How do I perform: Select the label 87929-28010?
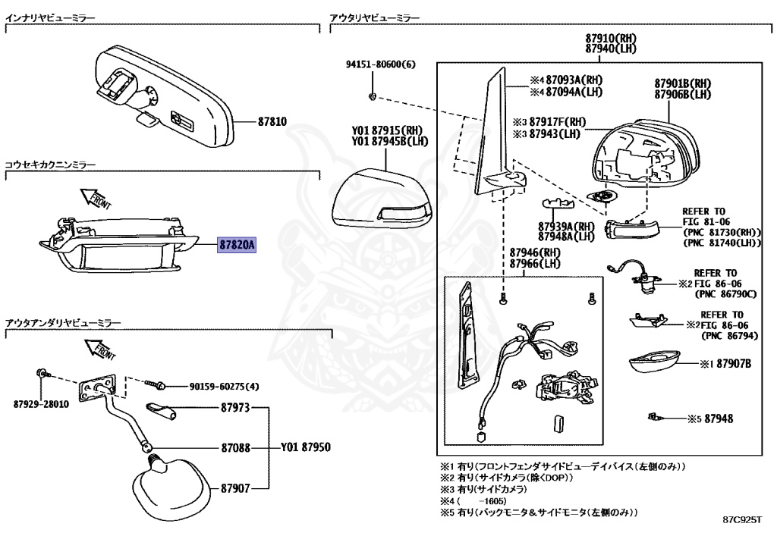pos(42,404)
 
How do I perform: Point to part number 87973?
pos(235,408)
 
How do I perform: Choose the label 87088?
pos(235,448)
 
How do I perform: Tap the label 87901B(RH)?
pos(682,83)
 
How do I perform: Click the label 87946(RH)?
pos(534,252)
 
